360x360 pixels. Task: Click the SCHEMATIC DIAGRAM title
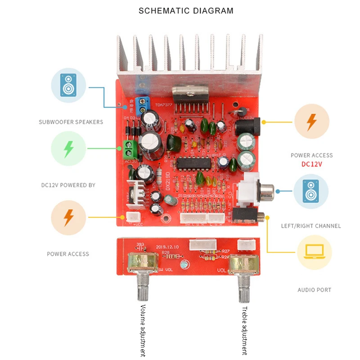186,10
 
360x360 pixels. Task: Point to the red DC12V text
311,164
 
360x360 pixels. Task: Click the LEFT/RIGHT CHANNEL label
311,226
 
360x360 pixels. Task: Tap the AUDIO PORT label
314,290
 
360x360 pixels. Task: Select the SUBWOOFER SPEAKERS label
71,122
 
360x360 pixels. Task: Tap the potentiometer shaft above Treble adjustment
244,288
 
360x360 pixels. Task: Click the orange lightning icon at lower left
68,217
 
